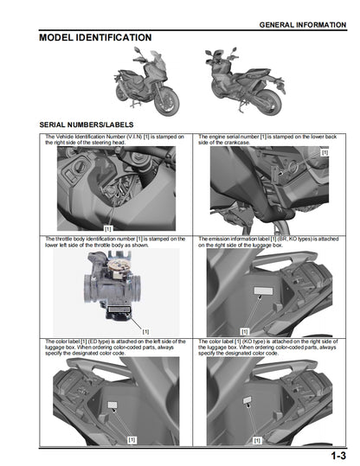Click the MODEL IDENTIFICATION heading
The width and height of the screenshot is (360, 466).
(x=95, y=38)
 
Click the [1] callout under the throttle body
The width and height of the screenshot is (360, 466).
(x=145, y=330)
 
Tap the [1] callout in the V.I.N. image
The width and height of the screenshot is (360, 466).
(x=108, y=227)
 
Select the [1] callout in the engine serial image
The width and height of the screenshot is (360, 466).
(x=325, y=152)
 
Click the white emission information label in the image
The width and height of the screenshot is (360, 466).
(x=256, y=293)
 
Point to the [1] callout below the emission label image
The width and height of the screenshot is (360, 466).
(x=244, y=330)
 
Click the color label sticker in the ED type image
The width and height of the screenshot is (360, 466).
(x=111, y=404)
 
